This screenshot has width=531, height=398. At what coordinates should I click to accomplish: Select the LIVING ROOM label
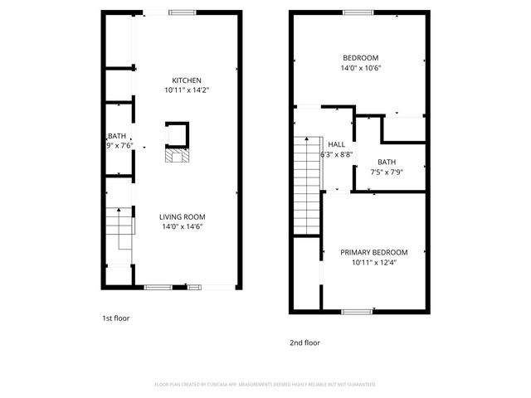pos(182,216)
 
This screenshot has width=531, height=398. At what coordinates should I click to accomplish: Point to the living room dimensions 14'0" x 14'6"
pos(182,226)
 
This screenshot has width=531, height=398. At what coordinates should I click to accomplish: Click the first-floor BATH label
pos(116,136)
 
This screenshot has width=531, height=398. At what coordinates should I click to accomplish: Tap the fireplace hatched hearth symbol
pos(177,156)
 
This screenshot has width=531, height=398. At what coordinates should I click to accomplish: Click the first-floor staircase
pos(121,227)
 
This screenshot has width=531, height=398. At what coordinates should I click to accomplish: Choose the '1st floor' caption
pos(115,318)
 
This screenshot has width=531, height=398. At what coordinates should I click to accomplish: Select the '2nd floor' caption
pos(304,342)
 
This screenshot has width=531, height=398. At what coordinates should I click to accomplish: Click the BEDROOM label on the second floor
pos(361,57)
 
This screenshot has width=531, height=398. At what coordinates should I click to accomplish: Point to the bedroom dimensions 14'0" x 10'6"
pos(361,68)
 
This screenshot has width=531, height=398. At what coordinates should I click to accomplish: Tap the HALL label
pos(336,143)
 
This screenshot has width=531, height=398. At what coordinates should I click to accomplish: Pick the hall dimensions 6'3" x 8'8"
pos(337,154)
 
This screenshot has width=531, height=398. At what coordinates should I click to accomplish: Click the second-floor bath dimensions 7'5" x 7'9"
pos(387,172)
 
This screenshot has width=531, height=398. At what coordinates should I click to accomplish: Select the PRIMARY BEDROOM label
pos(374,251)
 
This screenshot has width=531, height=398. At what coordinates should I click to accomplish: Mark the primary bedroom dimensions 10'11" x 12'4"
pos(374,262)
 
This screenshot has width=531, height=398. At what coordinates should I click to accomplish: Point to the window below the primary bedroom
pos(356,312)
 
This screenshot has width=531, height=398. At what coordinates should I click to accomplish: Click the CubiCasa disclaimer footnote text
pos(265,384)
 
